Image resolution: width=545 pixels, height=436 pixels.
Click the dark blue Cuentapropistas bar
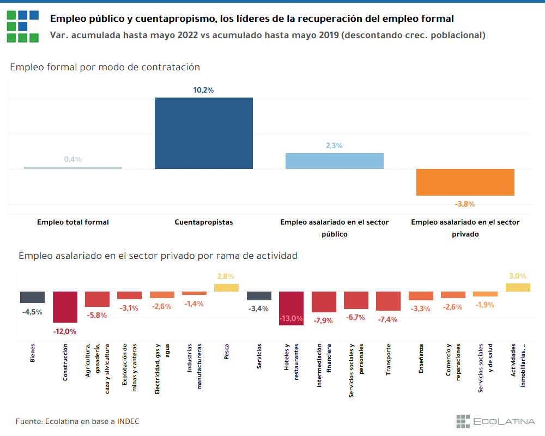[204, 133]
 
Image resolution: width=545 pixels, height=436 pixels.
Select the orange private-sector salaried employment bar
[465, 182]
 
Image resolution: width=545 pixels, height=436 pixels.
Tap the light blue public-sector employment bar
[335, 161]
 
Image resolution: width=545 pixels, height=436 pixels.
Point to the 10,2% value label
[204, 90]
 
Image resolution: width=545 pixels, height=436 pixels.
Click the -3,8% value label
[465, 204]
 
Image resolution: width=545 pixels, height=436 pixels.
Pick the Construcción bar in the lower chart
[65, 307]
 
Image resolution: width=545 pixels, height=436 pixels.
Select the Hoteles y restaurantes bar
[291, 308]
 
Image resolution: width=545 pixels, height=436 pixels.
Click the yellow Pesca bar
[226, 288]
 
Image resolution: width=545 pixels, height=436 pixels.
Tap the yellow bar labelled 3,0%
[518, 287]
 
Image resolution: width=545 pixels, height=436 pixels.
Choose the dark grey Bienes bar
[32, 297]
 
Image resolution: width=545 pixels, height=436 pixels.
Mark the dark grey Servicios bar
[259, 296]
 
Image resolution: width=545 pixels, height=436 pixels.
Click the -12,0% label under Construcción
[65, 331]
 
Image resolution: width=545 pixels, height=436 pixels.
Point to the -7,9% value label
[323, 320]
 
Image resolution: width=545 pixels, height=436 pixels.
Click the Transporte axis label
[388, 360]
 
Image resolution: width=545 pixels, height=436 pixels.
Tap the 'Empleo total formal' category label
[73, 222]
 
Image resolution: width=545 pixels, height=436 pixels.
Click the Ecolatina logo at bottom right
[496, 421]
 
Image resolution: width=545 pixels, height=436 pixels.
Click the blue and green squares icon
[23, 26]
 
